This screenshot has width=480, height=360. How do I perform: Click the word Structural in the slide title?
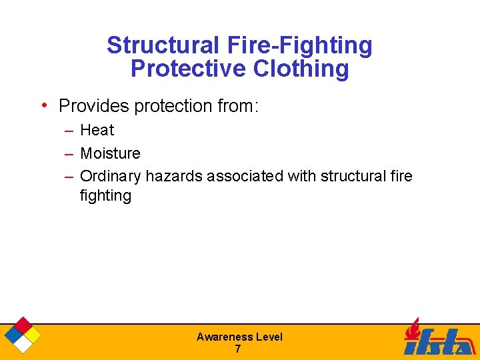tap(161, 45)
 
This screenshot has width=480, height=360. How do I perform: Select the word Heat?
tap(97, 130)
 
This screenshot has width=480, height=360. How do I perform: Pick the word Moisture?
tap(110, 153)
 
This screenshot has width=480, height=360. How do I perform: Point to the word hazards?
tap(174, 176)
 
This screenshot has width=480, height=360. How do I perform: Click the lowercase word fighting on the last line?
tap(105, 195)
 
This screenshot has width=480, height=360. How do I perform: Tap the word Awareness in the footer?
tap(224, 337)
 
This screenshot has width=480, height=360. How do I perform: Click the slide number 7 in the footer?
tap(238, 349)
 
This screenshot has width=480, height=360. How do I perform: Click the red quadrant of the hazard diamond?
tap(23, 325)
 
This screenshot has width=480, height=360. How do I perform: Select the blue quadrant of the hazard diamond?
tap(13, 335)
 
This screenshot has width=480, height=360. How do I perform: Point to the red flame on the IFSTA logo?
tap(414, 329)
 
